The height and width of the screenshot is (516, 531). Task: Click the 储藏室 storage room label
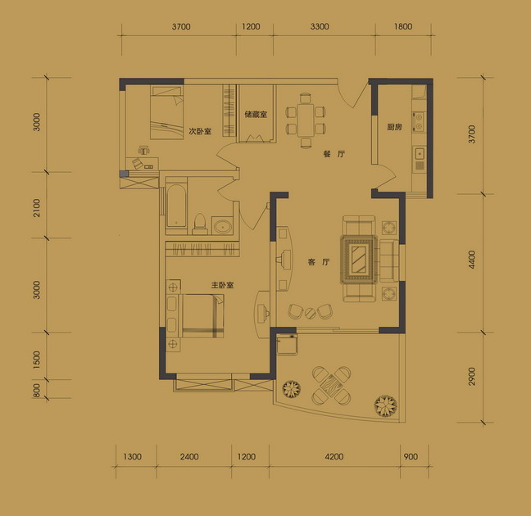[x=256, y=115]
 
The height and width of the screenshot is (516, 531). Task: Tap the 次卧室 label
[x=200, y=131]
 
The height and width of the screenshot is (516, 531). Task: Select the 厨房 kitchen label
[x=394, y=127]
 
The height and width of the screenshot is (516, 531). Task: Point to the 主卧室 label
[x=223, y=285]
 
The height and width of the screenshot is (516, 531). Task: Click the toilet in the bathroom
[x=200, y=224]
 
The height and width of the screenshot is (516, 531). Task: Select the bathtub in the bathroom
[x=176, y=206]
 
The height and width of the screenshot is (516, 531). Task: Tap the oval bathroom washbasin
[x=222, y=226]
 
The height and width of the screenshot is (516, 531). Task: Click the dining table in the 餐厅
[x=306, y=120]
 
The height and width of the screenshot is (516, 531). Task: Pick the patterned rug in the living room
[x=359, y=260]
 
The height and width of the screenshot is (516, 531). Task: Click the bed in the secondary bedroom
[x=166, y=112]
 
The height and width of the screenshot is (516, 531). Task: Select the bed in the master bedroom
[x=203, y=316]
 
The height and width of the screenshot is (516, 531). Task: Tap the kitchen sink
[x=420, y=154]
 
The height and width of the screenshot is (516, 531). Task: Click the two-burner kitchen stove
[x=419, y=122]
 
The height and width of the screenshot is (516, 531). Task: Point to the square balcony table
[x=332, y=385]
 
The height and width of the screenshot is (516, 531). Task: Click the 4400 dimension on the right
[x=472, y=260]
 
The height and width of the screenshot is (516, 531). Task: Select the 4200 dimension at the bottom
[x=334, y=457]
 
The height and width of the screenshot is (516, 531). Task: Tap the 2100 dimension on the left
[x=37, y=207]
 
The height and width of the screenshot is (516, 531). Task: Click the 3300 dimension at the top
[x=320, y=26]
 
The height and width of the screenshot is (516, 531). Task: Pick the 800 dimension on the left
[x=37, y=390]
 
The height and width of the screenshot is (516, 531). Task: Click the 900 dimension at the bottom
[x=411, y=457]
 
